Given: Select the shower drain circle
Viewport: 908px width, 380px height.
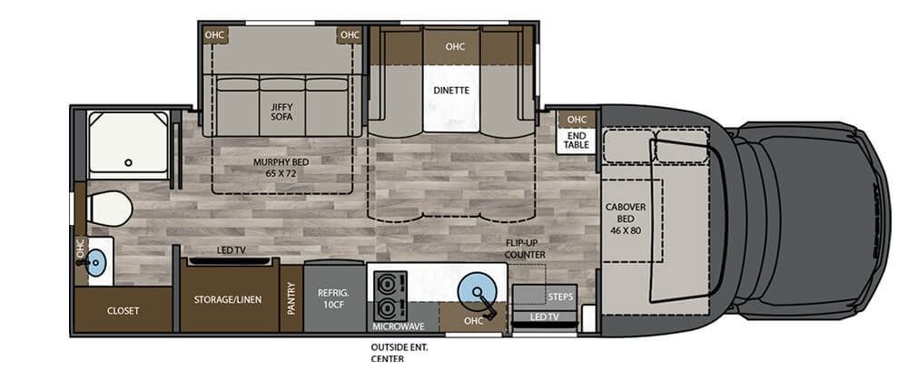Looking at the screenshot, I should pyautogui.click(x=129, y=163).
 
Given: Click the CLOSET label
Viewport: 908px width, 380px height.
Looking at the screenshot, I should pyautogui.click(x=123, y=311).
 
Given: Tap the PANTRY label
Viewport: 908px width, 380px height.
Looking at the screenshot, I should pyautogui.click(x=291, y=298).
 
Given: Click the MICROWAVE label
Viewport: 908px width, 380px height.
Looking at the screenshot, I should pyautogui.click(x=402, y=325).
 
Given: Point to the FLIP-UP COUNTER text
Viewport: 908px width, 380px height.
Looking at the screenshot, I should pyautogui.click(x=526, y=249).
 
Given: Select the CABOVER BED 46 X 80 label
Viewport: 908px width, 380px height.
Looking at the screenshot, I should pyautogui.click(x=627, y=219).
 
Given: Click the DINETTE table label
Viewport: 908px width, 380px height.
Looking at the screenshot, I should pyautogui.click(x=450, y=91).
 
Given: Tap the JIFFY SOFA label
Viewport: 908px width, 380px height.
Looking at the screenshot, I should pyautogui.click(x=281, y=112).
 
